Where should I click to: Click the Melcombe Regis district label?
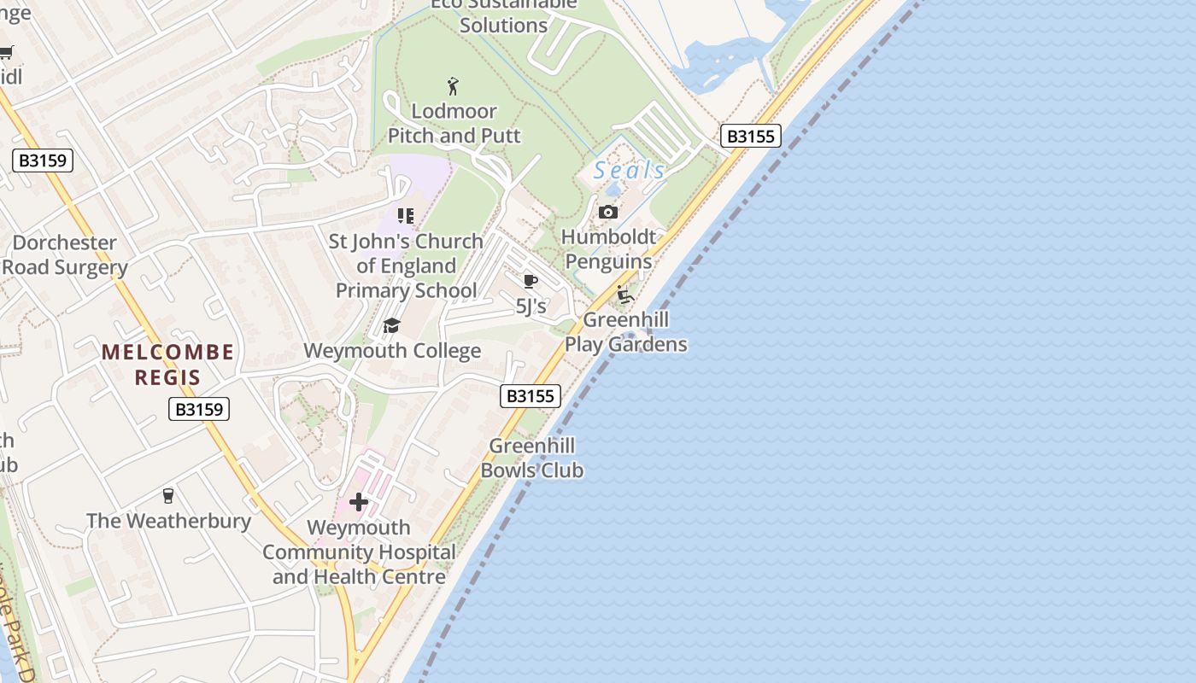[x=167, y=365]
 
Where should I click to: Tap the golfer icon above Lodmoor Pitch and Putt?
[x=453, y=86]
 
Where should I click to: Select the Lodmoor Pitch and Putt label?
[x=454, y=124]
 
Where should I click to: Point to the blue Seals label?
[x=630, y=171]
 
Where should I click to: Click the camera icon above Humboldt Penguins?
[x=608, y=212]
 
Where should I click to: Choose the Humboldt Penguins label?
[x=609, y=249]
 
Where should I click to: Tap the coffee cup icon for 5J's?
[x=531, y=281]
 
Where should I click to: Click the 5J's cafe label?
[x=531, y=306]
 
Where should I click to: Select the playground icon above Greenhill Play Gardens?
[x=624, y=295]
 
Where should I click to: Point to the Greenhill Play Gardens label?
[x=626, y=332]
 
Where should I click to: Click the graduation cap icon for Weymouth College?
[x=392, y=325]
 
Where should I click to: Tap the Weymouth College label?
[x=392, y=351]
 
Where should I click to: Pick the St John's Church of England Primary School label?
[x=406, y=266]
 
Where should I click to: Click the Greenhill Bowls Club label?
[x=531, y=458]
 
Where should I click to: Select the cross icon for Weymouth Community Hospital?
[x=359, y=502]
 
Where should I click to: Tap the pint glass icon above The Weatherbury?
[x=168, y=496]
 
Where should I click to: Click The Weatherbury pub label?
[x=168, y=521]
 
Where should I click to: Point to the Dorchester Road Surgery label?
[x=65, y=255]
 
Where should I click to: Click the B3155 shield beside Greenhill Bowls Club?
[x=531, y=396]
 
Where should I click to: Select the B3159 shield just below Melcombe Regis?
[x=199, y=409]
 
